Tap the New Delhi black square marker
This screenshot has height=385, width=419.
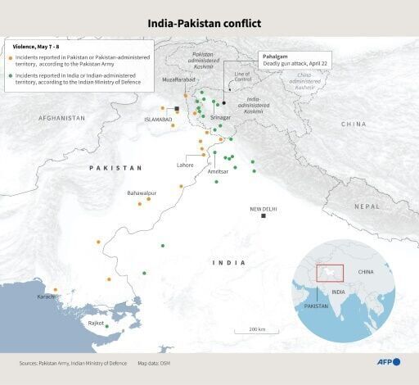[x=264, y=215]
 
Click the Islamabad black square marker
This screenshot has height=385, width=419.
[x=177, y=109]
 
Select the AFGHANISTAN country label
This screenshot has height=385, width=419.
[x=59, y=118]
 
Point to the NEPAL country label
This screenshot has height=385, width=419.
[x=367, y=206]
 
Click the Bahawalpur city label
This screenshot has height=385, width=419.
[x=141, y=193]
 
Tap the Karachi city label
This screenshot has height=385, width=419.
[x=45, y=297]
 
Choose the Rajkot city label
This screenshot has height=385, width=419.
[x=96, y=324]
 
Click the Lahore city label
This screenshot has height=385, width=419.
[x=186, y=165]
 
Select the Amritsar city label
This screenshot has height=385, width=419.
[x=219, y=172]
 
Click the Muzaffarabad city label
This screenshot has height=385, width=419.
[x=179, y=79]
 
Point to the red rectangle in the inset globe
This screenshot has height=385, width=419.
[x=331, y=274]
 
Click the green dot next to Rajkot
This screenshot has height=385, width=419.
[x=106, y=327]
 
